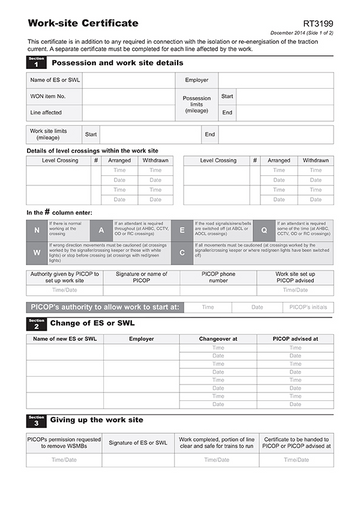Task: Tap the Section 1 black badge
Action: pos(36,63)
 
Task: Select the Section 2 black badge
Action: pos(36,325)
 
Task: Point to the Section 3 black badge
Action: pos(36,420)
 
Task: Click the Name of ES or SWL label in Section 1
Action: pos(54,79)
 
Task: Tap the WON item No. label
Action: pos(50,97)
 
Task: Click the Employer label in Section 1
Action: pos(197,79)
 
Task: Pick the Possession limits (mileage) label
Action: pos(197,104)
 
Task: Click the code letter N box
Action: pos(37,229)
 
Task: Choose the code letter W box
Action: pos(37,251)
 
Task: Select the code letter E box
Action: pos(182,229)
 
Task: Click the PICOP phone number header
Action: pos(219,277)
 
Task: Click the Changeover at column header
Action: pos(219,339)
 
